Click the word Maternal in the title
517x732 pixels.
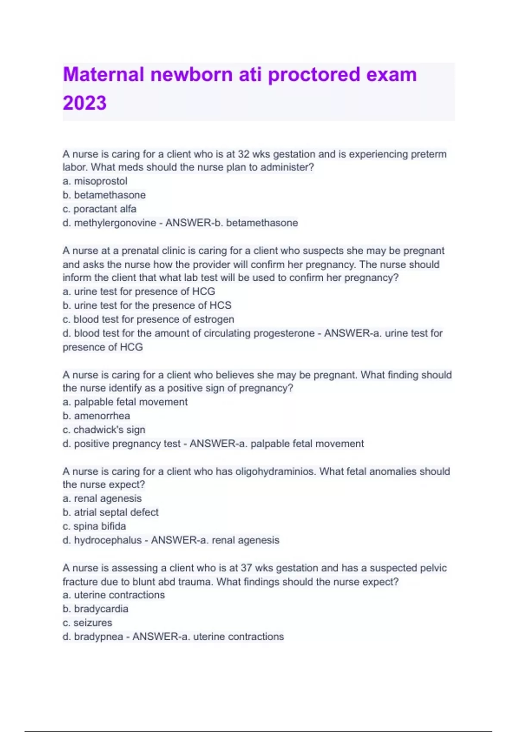tap(103, 74)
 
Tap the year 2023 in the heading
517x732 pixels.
tap(84, 103)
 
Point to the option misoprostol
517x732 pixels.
tap(100, 181)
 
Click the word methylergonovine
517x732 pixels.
tap(115, 223)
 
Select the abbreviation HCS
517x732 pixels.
tap(220, 305)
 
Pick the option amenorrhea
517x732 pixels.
tap(102, 416)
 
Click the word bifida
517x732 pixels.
tap(114, 526)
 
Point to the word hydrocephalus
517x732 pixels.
tap(108, 540)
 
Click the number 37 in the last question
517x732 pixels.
tap(246, 568)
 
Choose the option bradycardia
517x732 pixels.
tap(101, 609)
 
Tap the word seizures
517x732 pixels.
tap(93, 623)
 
